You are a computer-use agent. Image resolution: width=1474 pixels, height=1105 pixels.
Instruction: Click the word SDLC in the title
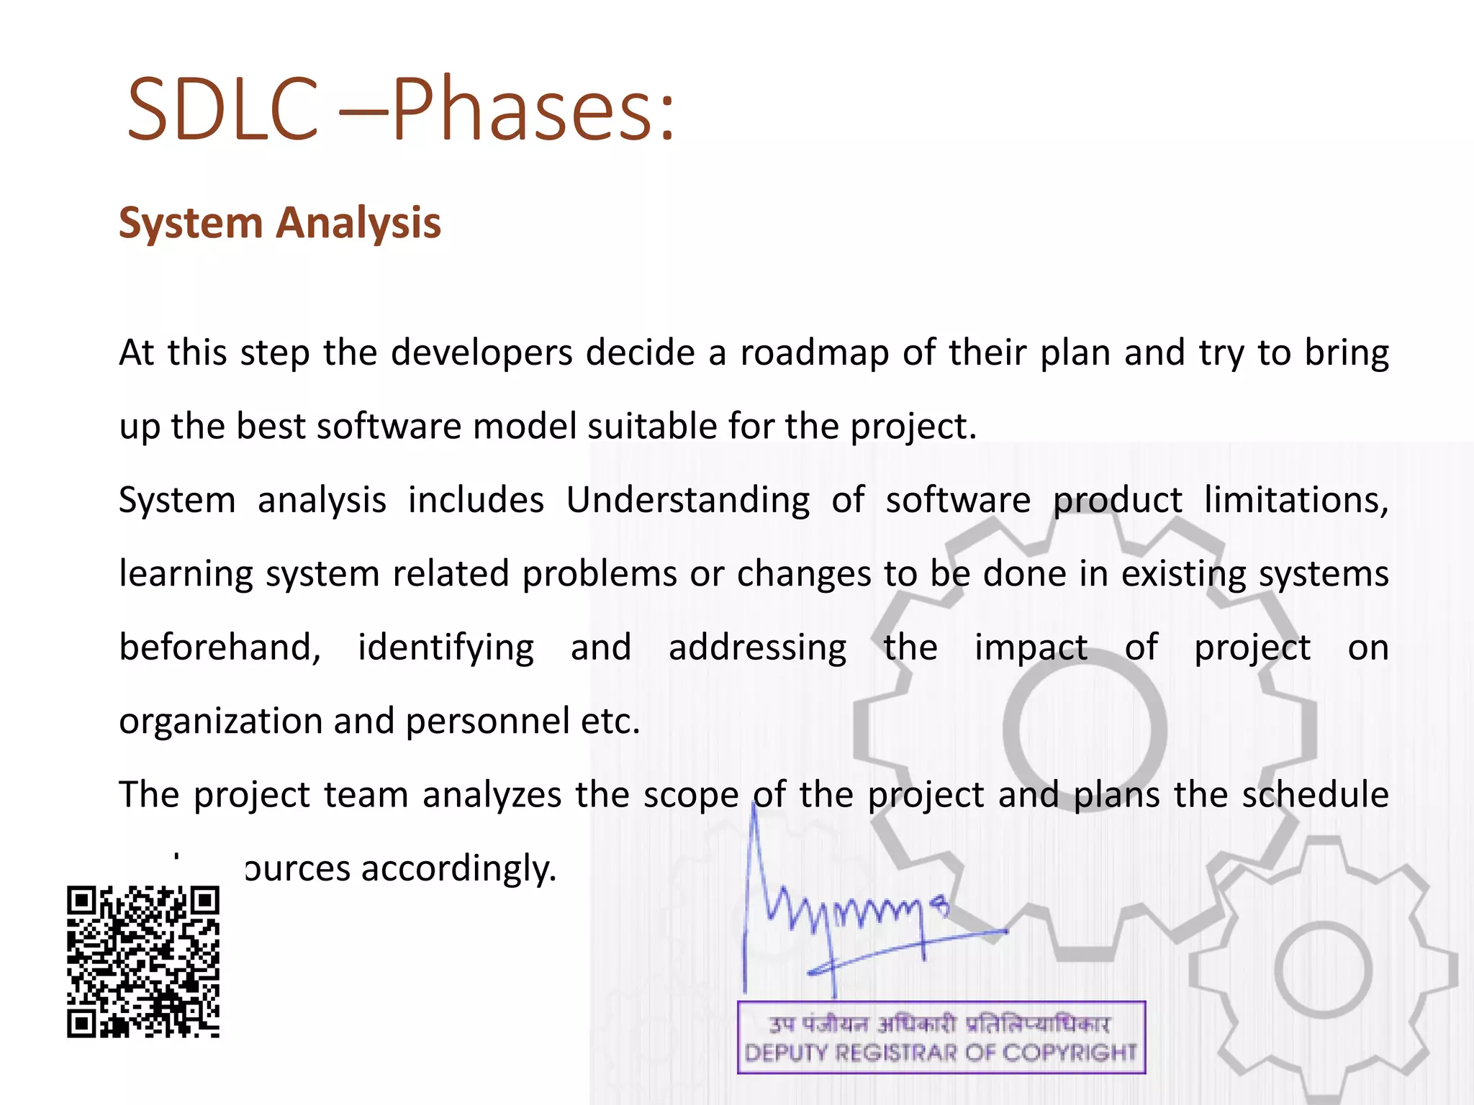pos(222,109)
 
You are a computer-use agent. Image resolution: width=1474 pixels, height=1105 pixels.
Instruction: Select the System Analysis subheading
pos(279,222)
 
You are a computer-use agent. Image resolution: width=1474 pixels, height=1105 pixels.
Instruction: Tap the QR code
pos(143,962)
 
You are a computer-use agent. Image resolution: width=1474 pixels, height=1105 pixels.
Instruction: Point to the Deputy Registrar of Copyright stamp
pos(941,1037)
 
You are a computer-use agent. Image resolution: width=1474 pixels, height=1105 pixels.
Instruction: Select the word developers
pos(481,353)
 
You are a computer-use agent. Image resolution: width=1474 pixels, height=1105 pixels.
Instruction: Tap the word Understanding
pos(687,501)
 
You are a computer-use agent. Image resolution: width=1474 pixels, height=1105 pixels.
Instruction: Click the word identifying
pos(446,648)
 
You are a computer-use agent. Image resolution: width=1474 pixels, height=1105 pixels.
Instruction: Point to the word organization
pos(220,722)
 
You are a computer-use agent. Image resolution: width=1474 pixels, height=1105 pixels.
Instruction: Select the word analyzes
pos(492,796)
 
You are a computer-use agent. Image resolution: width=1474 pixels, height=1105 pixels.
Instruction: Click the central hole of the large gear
pos(1085,730)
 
